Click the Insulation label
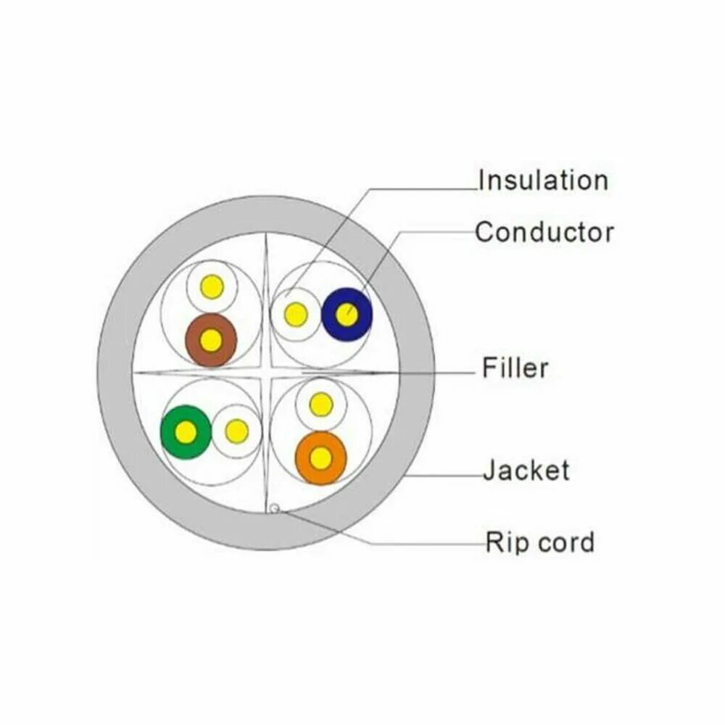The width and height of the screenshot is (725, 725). point(542,180)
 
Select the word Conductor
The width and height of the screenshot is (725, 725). point(544,233)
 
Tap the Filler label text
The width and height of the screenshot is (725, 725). point(515,368)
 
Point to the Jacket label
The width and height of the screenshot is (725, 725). point(526,471)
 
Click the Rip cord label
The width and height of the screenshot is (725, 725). point(539,542)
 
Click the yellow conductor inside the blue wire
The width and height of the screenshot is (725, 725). point(347,315)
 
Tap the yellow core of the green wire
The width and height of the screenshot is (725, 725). point(186,433)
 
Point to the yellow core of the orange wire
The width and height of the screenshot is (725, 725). point(320,458)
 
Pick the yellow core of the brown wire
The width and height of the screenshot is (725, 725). point(211,340)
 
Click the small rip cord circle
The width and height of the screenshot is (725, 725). point(274,509)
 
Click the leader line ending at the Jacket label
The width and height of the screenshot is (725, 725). point(449,477)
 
